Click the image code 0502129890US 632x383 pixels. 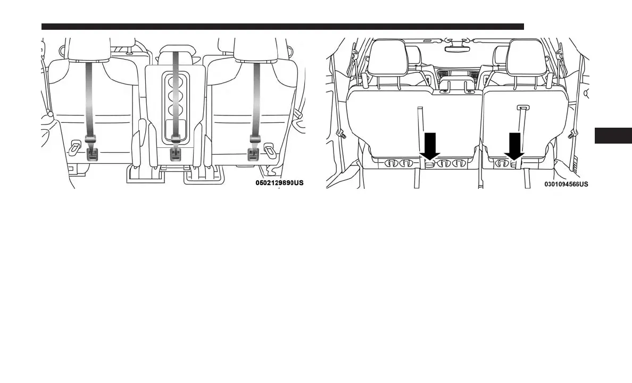pos(279,183)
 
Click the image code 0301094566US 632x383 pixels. pos(566,185)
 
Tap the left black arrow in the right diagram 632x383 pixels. pos(429,145)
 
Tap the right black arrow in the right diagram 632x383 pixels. pos(514,145)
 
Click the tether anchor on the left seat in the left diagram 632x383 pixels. pos(92,154)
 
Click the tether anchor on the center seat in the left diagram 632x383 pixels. pos(175,154)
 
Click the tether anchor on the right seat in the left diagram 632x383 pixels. pos(253,154)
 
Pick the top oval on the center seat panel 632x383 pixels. pos(175,83)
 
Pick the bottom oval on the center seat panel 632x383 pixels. pos(175,111)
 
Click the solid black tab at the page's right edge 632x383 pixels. pos(613,136)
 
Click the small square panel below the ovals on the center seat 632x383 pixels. pos(175,128)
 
